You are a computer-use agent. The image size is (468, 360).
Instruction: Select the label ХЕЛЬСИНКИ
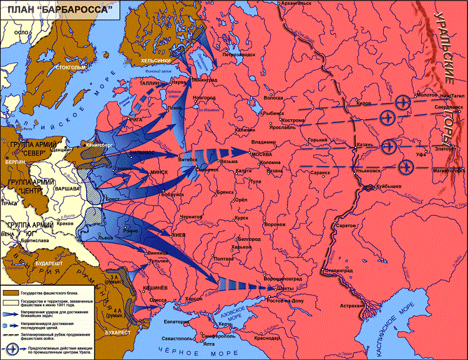click(x=155, y=60)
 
